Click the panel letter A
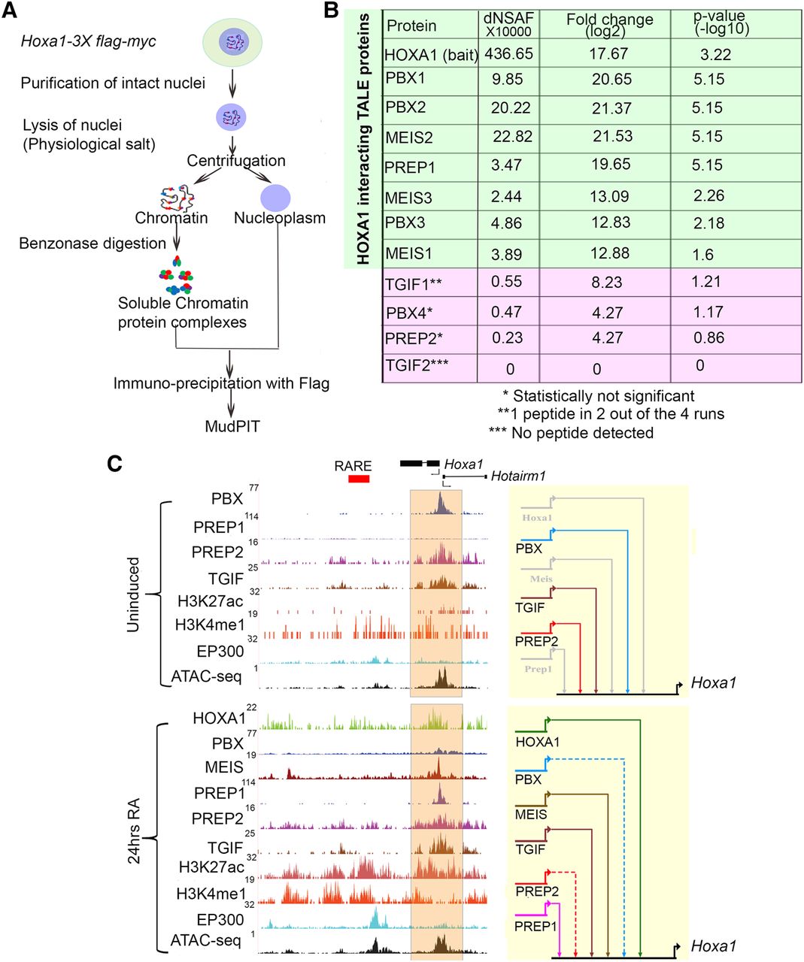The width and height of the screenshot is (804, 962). click(10, 11)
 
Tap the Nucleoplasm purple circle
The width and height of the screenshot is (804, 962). click(275, 197)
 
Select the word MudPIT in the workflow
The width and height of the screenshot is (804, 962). click(232, 427)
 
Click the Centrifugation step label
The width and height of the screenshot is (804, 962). click(236, 161)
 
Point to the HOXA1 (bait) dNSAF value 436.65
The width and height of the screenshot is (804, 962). click(509, 54)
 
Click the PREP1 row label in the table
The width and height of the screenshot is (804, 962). click(410, 168)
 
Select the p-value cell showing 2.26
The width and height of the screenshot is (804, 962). click(708, 195)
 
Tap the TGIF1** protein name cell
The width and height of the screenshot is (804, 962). click(414, 283)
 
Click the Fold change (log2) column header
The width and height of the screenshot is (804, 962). click(609, 25)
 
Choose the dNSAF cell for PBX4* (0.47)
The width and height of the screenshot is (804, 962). click(507, 311)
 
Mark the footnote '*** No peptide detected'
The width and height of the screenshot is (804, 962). click(571, 433)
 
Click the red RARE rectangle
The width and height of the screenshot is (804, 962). click(359, 478)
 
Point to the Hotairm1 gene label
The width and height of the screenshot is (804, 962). click(518, 476)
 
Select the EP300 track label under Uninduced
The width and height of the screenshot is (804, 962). click(220, 652)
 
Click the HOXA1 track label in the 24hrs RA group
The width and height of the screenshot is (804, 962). click(219, 718)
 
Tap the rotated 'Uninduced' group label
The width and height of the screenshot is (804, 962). click(134, 594)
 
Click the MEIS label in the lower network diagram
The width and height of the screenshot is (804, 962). click(531, 815)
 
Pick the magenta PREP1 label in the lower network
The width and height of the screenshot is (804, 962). click(535, 927)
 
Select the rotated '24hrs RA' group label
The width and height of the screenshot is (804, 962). click(134, 830)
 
